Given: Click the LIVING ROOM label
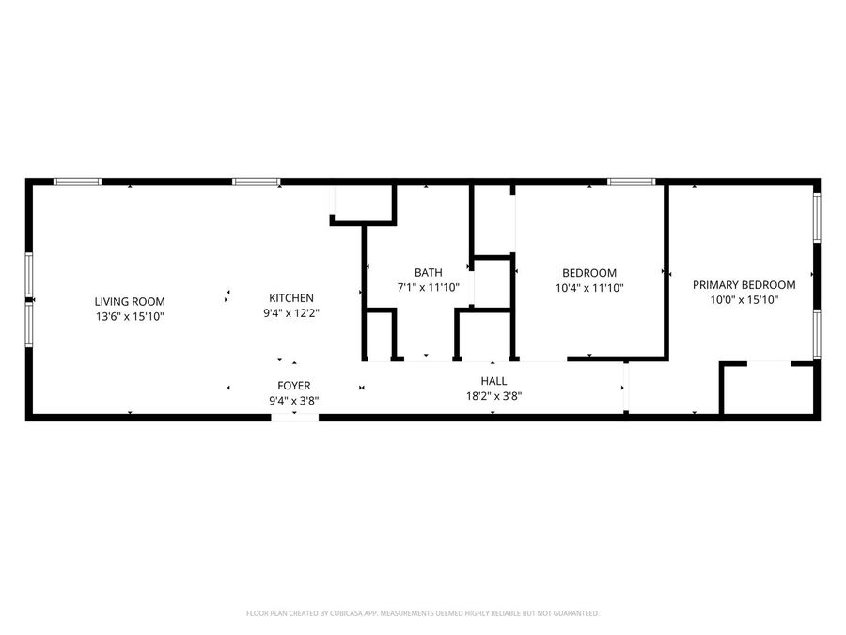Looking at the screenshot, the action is pyautogui.click(x=130, y=302).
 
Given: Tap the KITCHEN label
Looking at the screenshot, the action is pyautogui.click(x=291, y=298).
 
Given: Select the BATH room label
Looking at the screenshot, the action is pyautogui.click(x=429, y=273).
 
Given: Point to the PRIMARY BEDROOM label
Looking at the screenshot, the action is pyautogui.click(x=744, y=285).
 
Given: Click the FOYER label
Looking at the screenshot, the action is pyautogui.click(x=294, y=386).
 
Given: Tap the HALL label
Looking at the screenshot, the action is pyautogui.click(x=493, y=381).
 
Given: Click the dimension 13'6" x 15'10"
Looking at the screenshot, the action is pyautogui.click(x=130, y=316).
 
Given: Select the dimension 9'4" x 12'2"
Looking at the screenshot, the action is pyautogui.click(x=291, y=313).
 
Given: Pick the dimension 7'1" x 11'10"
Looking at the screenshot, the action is pyautogui.click(x=429, y=288).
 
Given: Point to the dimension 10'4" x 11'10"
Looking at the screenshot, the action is pyautogui.click(x=589, y=288).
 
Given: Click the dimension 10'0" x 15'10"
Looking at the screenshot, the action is pyautogui.click(x=744, y=300).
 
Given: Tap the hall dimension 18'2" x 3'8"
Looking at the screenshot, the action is pyautogui.click(x=493, y=396).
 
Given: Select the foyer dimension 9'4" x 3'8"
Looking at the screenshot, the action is pyautogui.click(x=294, y=401).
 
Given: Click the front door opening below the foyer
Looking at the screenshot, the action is pyautogui.click(x=294, y=418).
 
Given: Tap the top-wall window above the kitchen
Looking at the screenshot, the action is pyautogui.click(x=257, y=182).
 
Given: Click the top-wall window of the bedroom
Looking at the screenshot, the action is pyautogui.click(x=632, y=182).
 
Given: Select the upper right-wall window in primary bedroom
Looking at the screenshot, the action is pyautogui.click(x=817, y=217).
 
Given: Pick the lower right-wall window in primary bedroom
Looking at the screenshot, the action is pyautogui.click(x=817, y=334).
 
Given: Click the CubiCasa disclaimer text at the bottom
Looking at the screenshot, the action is pyautogui.click(x=422, y=613).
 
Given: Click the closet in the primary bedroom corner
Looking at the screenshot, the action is pyautogui.click(x=768, y=389).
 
